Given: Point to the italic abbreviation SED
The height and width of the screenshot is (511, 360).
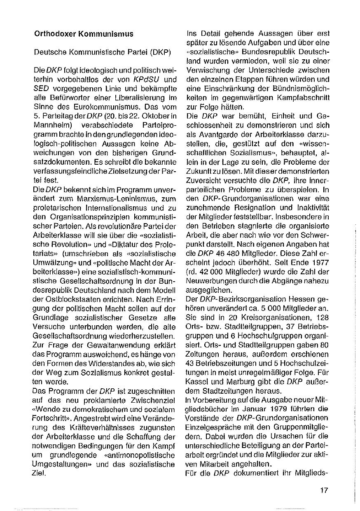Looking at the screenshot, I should (41, 88).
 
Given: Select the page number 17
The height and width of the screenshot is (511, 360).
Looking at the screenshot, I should (323, 490).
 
